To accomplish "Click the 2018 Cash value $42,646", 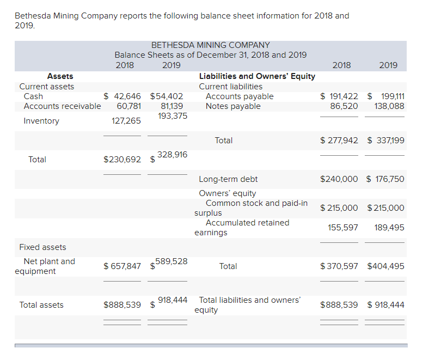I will point(122,96).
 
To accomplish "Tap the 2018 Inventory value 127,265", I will point(126,121).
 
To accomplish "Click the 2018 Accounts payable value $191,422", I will point(339,96).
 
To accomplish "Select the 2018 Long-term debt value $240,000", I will point(339,179).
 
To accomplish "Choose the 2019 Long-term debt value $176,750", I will point(385,179).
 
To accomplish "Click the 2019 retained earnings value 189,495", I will point(389,228).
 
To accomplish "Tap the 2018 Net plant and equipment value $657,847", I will point(122,266).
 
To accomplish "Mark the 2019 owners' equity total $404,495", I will point(385,266).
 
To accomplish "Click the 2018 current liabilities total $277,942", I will point(339,141).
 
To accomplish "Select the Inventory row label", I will point(41,121).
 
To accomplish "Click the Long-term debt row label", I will point(228,179).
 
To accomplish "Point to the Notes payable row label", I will point(233,106).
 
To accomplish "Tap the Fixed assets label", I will point(42,247).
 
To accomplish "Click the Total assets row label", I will point(41,305).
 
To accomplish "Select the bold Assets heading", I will point(60,76).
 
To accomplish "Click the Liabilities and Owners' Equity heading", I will point(257,76).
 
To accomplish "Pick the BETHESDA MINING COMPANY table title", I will point(210,45).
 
